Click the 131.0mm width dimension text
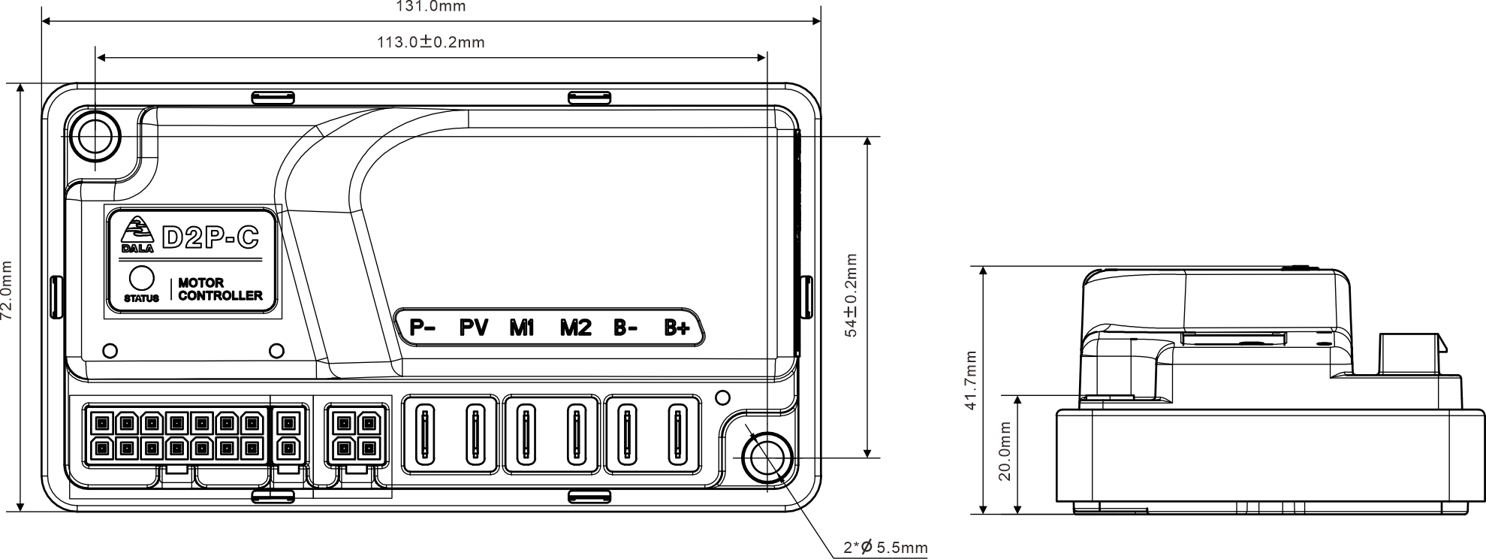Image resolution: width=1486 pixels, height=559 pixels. [x=430, y=7]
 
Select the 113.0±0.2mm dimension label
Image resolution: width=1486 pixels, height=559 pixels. [x=431, y=42]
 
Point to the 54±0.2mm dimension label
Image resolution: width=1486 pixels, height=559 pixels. [x=852, y=295]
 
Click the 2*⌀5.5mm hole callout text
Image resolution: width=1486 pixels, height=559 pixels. [x=886, y=547]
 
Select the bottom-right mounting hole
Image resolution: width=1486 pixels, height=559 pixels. [x=766, y=458]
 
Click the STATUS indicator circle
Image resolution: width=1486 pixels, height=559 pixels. [x=142, y=279]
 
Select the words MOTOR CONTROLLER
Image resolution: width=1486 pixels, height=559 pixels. [x=220, y=289]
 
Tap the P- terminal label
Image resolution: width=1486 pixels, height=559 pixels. [x=423, y=328]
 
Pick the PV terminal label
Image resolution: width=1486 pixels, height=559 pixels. [x=474, y=328]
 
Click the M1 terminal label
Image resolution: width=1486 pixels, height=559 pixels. [x=521, y=328]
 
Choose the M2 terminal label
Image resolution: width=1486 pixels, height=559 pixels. [x=576, y=328]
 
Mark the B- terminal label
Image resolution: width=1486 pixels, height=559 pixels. [x=625, y=328]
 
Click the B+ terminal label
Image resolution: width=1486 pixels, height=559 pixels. [x=677, y=328]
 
